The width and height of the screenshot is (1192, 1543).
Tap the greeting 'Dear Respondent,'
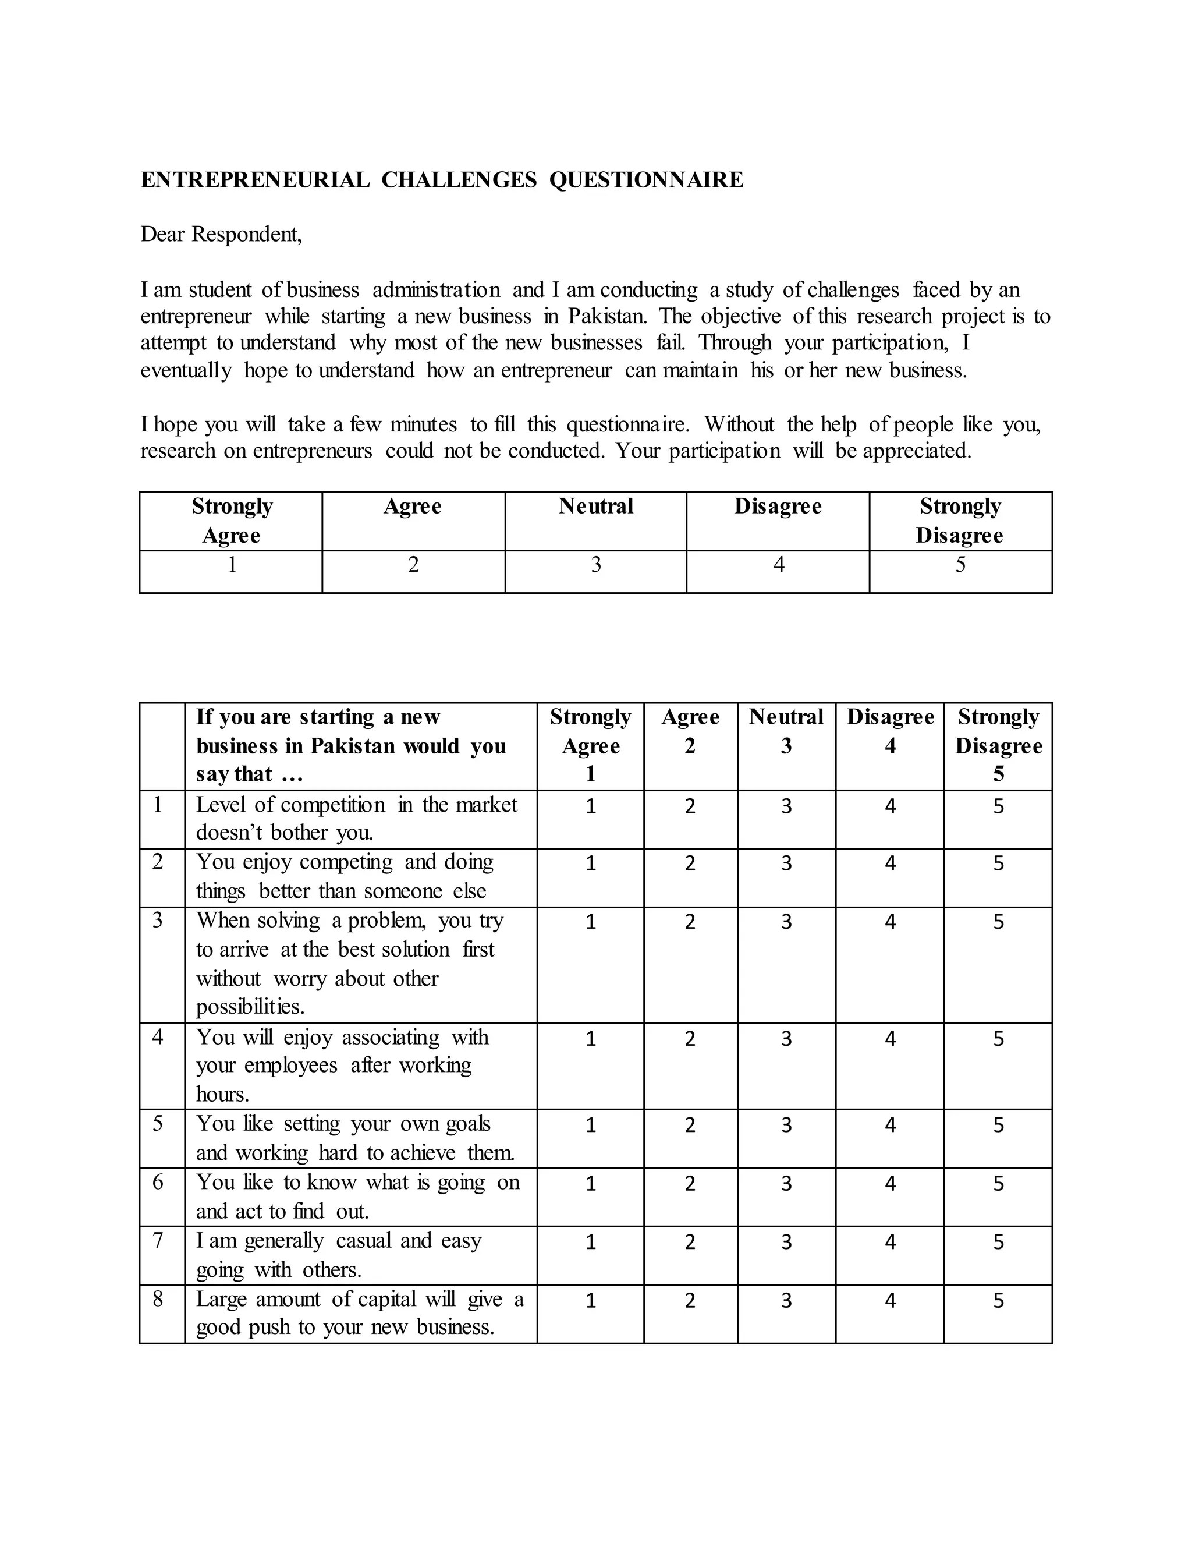pyautogui.click(x=221, y=234)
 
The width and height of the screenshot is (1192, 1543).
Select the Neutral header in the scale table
pyautogui.click(x=595, y=507)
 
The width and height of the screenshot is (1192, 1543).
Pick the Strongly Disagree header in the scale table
pyautogui.click(x=960, y=521)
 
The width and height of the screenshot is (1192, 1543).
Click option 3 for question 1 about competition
pyautogui.click(x=786, y=806)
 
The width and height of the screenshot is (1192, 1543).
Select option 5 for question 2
pyautogui.click(x=998, y=863)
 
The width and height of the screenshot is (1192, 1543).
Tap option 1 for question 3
pyautogui.click(x=590, y=922)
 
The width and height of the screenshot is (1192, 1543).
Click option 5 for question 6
pyautogui.click(x=998, y=1183)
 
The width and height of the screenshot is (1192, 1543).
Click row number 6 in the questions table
pyautogui.click(x=158, y=1182)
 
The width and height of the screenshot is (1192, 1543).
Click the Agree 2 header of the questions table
pyautogui.click(x=690, y=731)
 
